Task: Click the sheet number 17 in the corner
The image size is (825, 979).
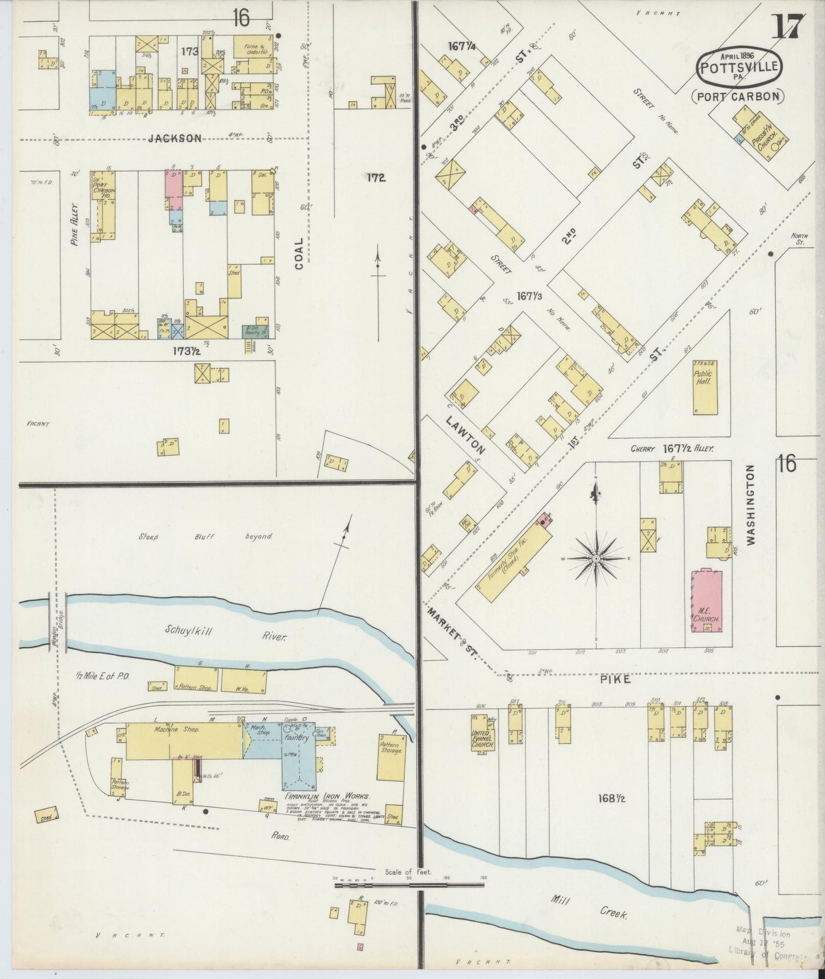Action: (788, 26)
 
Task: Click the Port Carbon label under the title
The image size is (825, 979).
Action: (738, 96)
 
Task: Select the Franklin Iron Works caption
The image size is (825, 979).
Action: (327, 797)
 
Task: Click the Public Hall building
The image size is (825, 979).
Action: (705, 387)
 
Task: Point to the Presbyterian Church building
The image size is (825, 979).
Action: (762, 133)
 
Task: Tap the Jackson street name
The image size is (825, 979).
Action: (175, 138)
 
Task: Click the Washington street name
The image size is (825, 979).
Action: (750, 504)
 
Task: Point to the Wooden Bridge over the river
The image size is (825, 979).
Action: (58, 623)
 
